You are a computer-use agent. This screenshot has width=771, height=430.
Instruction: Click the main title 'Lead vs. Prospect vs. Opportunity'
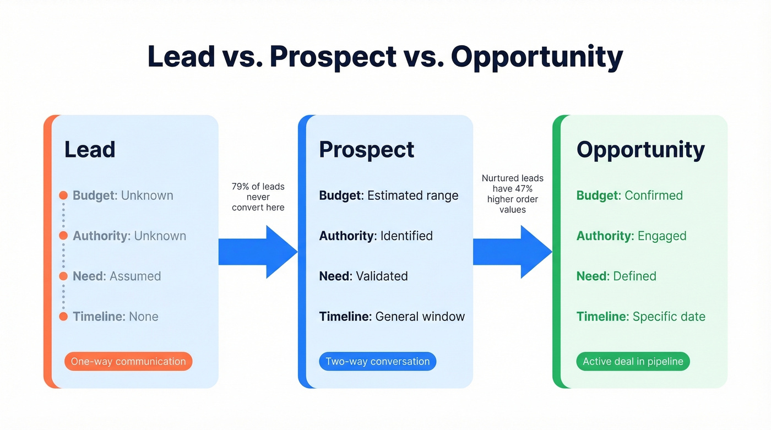coord(385,57)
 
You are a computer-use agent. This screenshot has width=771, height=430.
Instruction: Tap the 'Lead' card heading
coord(90,150)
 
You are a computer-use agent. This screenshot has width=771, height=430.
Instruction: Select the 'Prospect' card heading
coord(366,150)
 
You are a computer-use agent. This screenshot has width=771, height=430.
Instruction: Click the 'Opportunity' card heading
coord(640,150)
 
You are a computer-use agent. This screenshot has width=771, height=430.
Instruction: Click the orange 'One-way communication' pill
coord(128,362)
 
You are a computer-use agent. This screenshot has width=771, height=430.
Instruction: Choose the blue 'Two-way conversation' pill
coord(377,362)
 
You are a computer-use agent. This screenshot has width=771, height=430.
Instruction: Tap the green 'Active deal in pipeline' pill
coord(633,362)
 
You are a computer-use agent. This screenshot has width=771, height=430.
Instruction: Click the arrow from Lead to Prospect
coord(258,252)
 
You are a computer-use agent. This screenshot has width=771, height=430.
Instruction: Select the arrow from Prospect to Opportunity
coord(512,252)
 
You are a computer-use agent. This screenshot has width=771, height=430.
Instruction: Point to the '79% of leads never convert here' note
coord(258,197)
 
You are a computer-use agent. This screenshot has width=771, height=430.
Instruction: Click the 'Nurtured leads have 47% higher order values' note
coord(512,194)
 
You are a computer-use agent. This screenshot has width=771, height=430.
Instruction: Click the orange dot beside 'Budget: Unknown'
coord(63,195)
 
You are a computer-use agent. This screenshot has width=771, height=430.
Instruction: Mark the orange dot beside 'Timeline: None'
coord(63,317)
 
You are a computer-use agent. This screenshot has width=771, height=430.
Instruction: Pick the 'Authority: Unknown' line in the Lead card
coord(129,236)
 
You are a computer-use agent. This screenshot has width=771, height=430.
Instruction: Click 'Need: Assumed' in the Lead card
coord(117,276)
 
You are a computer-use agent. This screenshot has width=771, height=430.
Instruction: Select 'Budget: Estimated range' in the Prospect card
coord(388,195)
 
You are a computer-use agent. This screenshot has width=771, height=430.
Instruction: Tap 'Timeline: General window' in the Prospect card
coord(392,317)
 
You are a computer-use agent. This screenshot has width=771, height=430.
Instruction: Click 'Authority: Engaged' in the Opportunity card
coord(631,236)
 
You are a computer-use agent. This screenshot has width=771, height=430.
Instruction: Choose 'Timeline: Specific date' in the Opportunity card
coord(640,317)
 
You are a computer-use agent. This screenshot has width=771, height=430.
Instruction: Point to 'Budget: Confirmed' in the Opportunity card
coord(629,195)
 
